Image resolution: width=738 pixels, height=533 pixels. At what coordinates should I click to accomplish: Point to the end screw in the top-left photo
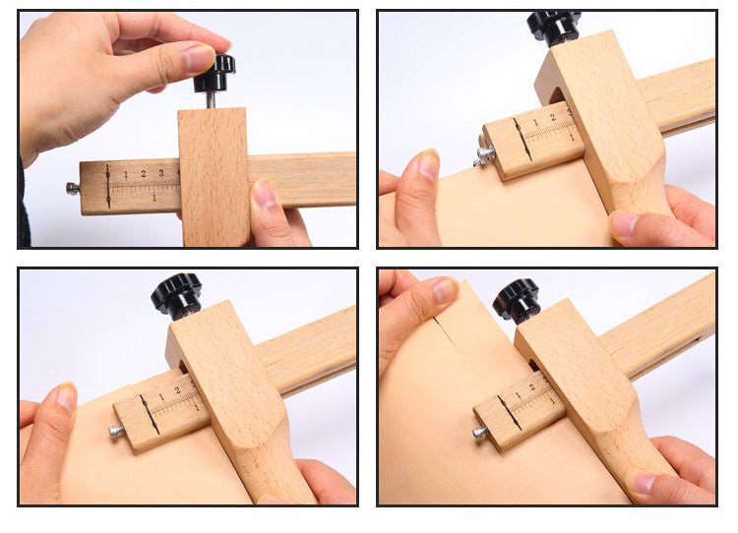tap(72, 188)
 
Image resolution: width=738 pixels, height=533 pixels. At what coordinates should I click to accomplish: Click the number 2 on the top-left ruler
tap(143, 175)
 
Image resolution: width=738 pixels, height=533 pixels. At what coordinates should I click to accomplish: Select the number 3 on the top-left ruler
tap(160, 174)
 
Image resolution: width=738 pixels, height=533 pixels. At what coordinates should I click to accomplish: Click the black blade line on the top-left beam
tap(107, 187)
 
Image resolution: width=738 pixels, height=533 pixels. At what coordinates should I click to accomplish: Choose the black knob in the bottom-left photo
tap(176, 294)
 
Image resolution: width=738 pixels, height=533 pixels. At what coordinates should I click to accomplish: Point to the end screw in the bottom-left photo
tap(117, 430)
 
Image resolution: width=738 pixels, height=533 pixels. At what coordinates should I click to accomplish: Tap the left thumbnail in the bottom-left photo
tap(65, 397)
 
